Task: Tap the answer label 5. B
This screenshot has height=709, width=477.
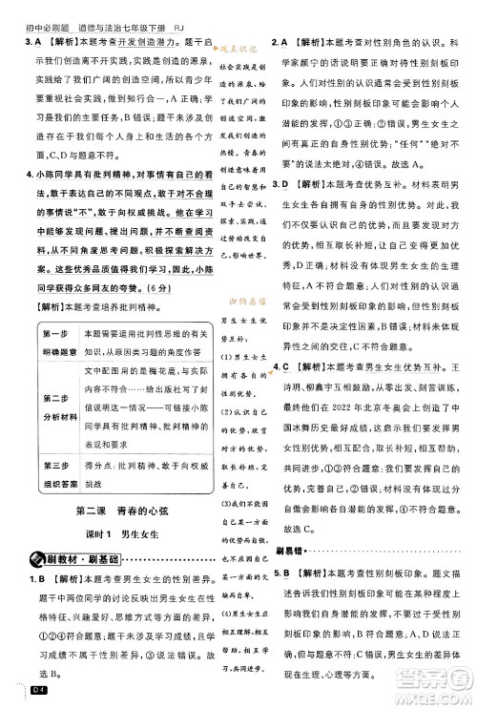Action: [x=281, y=573]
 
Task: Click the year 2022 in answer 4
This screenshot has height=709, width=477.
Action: [x=351, y=409]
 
